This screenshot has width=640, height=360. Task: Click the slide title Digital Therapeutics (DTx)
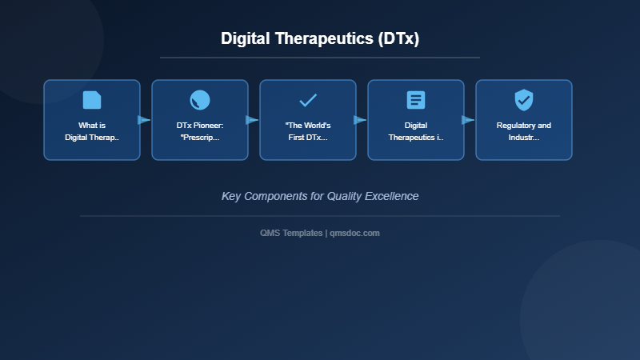(320, 38)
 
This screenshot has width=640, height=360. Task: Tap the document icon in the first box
(92, 100)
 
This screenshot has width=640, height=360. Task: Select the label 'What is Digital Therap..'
(92, 131)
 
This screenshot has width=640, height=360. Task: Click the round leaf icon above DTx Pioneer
(200, 100)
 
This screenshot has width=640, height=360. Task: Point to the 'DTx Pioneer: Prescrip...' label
(200, 131)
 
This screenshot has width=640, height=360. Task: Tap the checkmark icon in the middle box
(308, 100)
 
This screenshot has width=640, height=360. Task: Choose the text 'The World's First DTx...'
(308, 131)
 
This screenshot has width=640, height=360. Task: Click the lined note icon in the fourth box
(416, 100)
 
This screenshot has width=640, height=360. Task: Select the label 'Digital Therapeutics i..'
(416, 131)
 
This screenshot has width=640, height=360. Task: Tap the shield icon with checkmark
(524, 100)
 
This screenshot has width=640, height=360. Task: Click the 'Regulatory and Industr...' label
(524, 131)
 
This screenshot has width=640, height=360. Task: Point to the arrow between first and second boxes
(144, 120)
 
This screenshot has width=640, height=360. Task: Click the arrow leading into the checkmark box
(252, 120)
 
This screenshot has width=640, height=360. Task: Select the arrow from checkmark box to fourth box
(360, 120)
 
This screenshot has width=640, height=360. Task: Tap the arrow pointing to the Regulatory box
(468, 120)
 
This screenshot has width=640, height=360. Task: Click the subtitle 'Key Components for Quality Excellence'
(320, 196)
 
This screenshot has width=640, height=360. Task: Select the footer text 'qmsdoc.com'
(354, 233)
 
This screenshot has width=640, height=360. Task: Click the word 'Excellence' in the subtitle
(392, 196)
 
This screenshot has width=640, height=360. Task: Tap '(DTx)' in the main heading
(399, 38)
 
